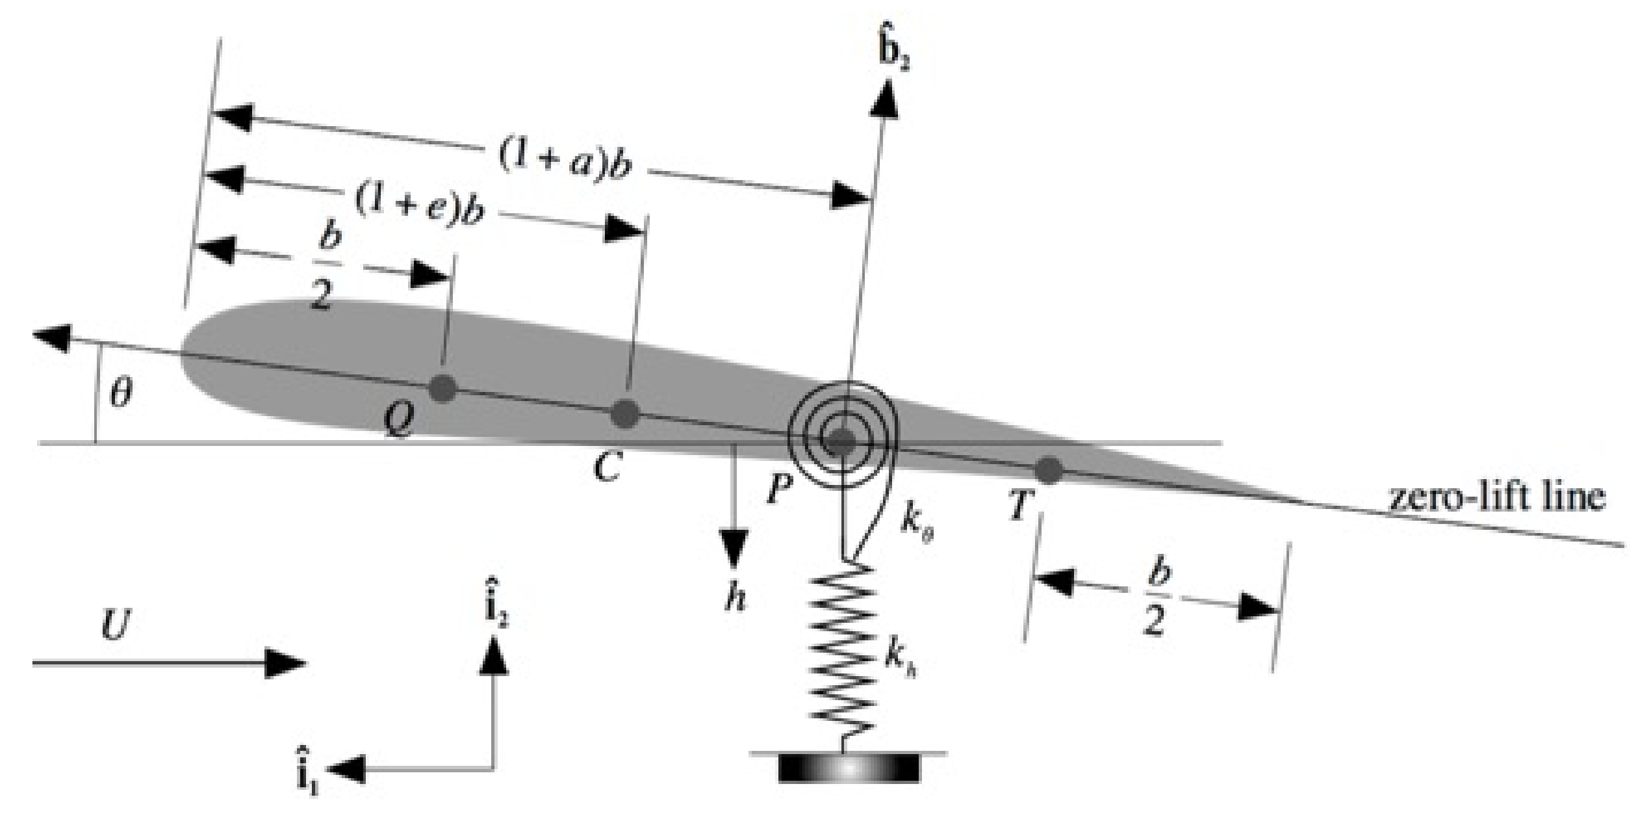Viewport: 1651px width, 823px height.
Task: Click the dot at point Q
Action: point(444,389)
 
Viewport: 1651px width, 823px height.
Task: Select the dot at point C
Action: point(626,414)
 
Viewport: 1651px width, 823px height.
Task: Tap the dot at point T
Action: point(1048,470)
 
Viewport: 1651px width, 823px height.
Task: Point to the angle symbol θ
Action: point(121,394)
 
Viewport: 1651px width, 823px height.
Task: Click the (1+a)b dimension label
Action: point(565,163)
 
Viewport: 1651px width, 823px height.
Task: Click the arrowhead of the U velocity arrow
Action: point(286,664)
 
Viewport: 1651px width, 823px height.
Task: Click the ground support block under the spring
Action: point(849,768)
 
